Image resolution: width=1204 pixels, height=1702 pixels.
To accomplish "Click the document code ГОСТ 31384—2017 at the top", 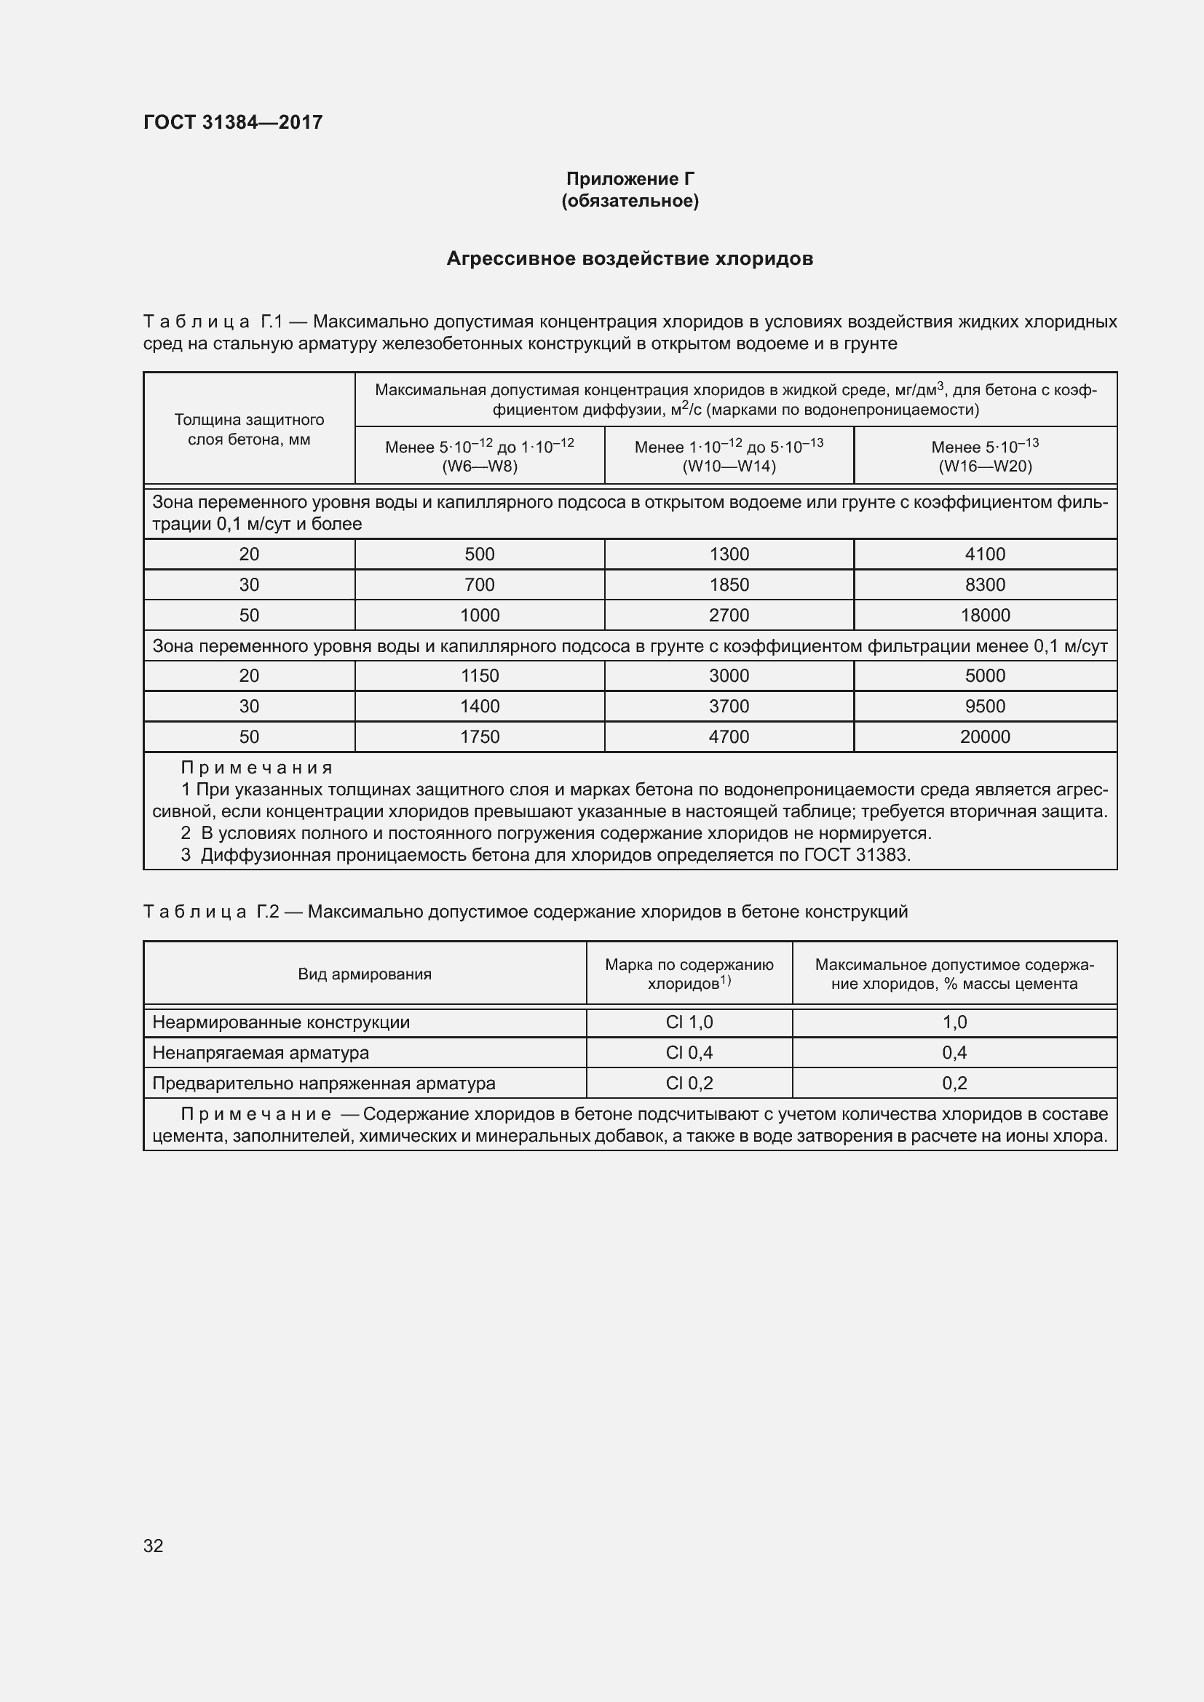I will coord(233,122).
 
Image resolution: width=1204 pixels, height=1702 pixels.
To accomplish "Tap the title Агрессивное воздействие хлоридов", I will coord(630,259).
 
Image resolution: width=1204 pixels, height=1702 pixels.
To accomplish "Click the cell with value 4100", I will coord(985,554).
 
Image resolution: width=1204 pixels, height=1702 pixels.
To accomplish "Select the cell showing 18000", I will coord(985,616).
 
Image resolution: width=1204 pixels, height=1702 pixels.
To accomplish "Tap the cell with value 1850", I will coord(728,585).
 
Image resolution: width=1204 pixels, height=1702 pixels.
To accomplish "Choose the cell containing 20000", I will coord(985,737).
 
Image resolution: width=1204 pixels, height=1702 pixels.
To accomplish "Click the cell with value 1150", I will coord(479,675).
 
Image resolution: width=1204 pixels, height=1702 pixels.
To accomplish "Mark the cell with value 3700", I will coord(728,707).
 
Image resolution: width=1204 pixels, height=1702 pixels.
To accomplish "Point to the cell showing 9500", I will coord(985,707).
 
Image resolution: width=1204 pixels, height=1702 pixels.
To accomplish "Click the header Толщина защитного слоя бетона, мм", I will coord(249,429).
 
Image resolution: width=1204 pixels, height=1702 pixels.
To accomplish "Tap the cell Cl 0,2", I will coord(689,1083).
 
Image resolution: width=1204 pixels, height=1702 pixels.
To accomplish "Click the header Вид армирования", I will coord(364,974).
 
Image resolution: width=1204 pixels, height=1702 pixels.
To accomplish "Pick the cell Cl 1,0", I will coord(689,1022).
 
